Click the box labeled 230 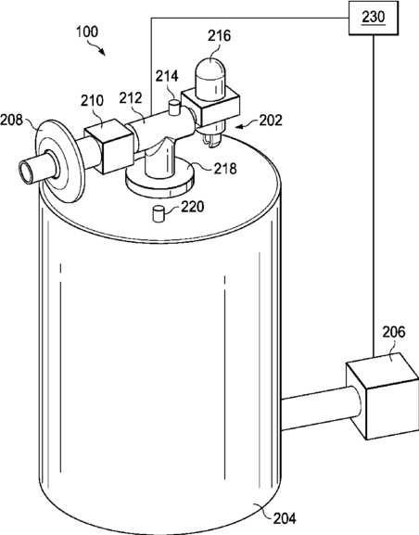[x=374, y=18]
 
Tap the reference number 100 [x=87, y=32]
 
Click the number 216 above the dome [x=220, y=35]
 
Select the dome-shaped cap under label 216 [x=210, y=80]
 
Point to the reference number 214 [x=167, y=76]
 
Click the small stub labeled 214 [x=174, y=108]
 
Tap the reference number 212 [x=131, y=98]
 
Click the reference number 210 [x=92, y=100]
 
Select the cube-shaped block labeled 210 [x=108, y=146]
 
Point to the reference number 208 [x=11, y=121]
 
